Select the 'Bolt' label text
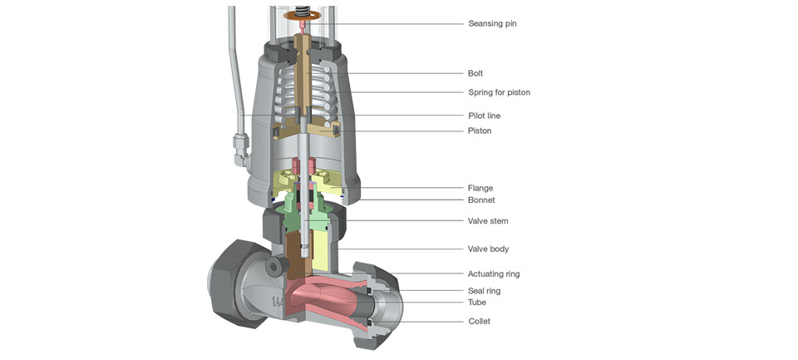click(475, 73)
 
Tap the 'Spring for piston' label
click(499, 92)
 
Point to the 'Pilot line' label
click(484, 116)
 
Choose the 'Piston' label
click(480, 131)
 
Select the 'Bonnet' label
click(481, 200)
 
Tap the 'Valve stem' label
click(488, 221)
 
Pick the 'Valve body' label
click(488, 249)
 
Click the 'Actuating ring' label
click(494, 274)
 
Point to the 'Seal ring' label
click(484, 291)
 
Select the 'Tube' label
click(477, 303)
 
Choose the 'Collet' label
click(479, 321)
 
